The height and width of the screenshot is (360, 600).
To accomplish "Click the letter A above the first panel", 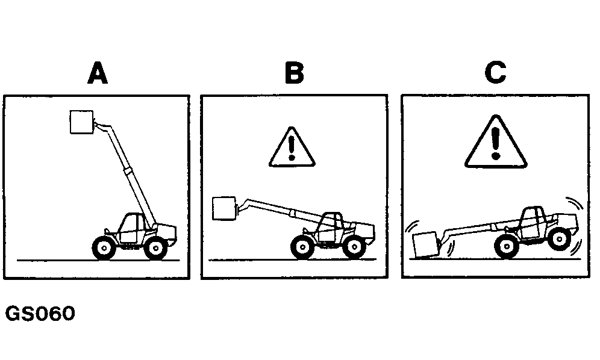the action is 98,73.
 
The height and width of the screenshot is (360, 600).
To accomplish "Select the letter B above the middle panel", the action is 294,73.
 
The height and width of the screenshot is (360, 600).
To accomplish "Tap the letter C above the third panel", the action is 496,73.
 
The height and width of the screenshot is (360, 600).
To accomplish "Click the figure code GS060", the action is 40,313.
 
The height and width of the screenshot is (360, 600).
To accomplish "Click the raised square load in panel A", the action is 82,122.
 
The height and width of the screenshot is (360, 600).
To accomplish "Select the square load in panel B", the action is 224,208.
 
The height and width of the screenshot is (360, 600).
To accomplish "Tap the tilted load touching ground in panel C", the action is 426,244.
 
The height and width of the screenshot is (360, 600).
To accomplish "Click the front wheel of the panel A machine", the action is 104,248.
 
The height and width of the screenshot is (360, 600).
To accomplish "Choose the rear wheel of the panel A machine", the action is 155,248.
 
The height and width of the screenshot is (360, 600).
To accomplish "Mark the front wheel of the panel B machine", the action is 302,247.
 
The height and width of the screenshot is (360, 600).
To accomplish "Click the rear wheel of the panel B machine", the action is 354,247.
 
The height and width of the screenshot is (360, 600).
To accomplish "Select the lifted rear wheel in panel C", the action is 560,239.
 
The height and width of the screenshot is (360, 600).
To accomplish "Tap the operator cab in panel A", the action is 131,228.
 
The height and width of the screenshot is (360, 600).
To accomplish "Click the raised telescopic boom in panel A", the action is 127,172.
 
